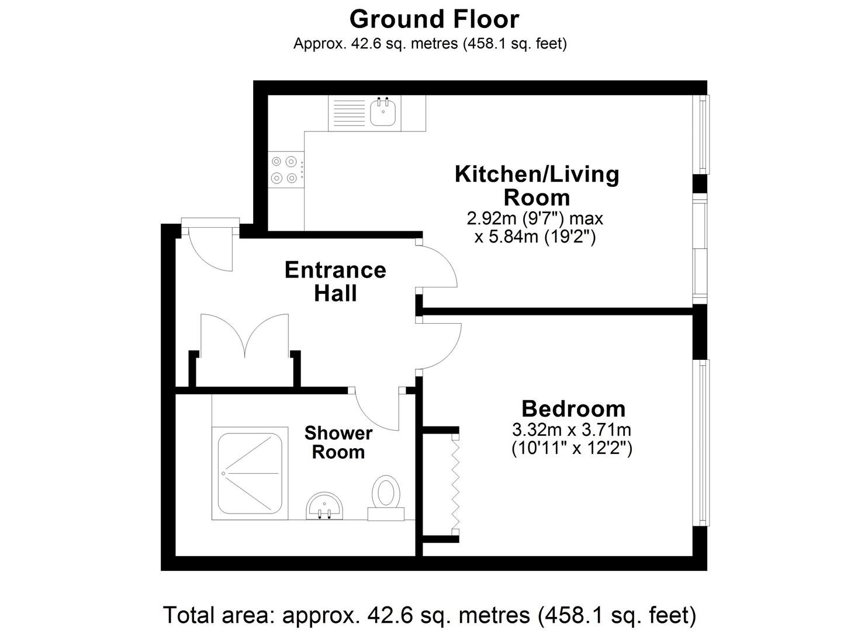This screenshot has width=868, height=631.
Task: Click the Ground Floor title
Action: tap(434, 19)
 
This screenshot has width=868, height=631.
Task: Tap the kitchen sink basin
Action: tap(382, 112)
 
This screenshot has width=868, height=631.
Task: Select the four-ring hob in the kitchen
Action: tap(286, 169)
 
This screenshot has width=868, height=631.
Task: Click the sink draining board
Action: tap(349, 113)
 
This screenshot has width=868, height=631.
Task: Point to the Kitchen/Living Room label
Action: tap(537, 186)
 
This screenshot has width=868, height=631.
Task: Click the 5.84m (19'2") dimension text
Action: tap(535, 237)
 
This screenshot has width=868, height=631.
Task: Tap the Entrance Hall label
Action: tap(335, 282)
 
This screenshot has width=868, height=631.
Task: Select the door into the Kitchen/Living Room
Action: tap(437, 267)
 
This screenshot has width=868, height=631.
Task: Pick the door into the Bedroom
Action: tap(440, 345)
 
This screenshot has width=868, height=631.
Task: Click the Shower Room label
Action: tap(338, 442)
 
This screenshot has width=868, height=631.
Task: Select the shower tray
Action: tap(250, 473)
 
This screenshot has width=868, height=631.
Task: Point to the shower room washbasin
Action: tap(325, 505)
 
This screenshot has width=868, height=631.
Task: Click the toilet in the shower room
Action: tap(386, 499)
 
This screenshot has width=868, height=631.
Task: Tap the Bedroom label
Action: tap(573, 409)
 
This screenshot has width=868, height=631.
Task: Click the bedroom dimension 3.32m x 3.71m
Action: tap(572, 429)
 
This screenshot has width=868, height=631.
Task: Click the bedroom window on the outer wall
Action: tap(702, 443)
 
